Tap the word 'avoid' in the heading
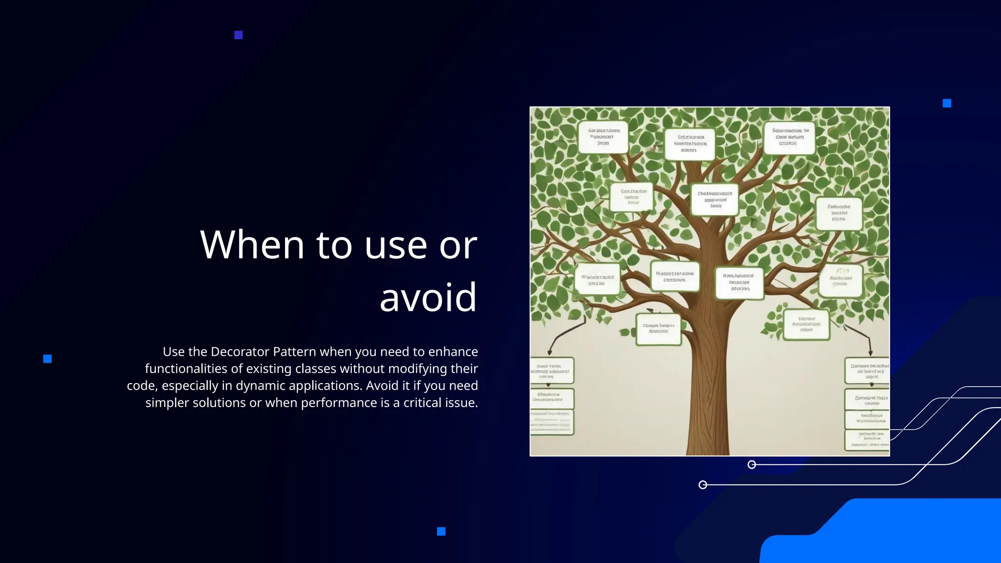(x=428, y=297)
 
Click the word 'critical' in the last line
(x=423, y=403)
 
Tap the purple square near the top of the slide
(x=239, y=35)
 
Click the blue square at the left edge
(x=47, y=359)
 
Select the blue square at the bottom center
(x=441, y=531)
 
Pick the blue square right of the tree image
(x=947, y=103)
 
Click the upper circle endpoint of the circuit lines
(x=752, y=464)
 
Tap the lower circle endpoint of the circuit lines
(x=703, y=485)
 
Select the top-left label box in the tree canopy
(x=603, y=137)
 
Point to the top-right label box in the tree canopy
(x=789, y=138)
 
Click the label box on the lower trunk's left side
(x=658, y=329)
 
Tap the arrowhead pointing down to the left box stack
(x=550, y=352)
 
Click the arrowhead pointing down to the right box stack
(x=870, y=352)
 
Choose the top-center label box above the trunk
(x=690, y=144)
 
